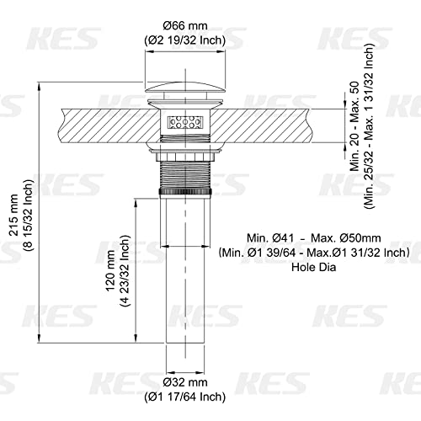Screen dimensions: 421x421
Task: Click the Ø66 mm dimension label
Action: coord(185,26)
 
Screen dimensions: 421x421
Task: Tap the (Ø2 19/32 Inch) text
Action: coord(185,41)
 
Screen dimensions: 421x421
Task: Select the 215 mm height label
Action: coord(13,215)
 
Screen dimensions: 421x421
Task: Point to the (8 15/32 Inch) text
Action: coord(29,215)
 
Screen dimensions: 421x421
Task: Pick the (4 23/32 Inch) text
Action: coord(125,270)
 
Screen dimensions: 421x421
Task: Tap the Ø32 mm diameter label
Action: coord(185,382)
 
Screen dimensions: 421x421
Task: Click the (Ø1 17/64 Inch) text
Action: coord(185,397)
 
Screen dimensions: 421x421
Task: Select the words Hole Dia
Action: coord(314,267)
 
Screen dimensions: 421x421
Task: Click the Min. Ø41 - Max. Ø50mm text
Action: coord(314,238)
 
